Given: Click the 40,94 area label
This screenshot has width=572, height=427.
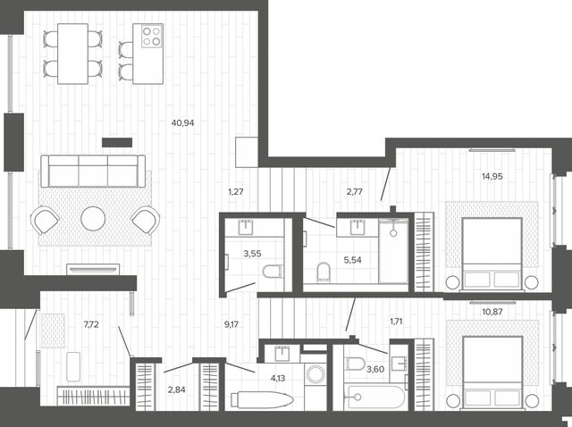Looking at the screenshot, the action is pyautogui.click(x=182, y=123).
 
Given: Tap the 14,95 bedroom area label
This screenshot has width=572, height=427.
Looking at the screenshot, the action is pyautogui.click(x=492, y=177).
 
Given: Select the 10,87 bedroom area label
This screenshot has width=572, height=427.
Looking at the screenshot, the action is pyautogui.click(x=492, y=312).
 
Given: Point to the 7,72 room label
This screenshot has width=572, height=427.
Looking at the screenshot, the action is pyautogui.click(x=91, y=324).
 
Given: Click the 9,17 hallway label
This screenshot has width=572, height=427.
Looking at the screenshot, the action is pyautogui.click(x=231, y=324).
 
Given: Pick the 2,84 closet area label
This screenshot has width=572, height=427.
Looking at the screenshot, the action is pyautogui.click(x=177, y=389).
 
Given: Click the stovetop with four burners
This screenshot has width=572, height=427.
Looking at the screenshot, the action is pyautogui.click(x=151, y=36).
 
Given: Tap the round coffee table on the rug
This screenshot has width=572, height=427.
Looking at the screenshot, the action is pyautogui.click(x=93, y=219).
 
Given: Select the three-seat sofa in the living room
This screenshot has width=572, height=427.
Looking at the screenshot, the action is pyautogui.click(x=93, y=171).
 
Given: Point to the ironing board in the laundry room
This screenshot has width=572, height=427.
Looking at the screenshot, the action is pyautogui.click(x=262, y=399).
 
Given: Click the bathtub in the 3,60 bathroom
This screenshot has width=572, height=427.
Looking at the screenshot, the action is pyautogui.click(x=374, y=398).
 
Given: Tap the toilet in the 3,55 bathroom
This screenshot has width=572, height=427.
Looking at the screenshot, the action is pyautogui.click(x=273, y=272).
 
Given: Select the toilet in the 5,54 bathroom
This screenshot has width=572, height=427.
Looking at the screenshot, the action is pyautogui.click(x=324, y=272).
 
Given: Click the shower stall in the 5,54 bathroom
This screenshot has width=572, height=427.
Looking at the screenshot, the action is pyautogui.click(x=393, y=251).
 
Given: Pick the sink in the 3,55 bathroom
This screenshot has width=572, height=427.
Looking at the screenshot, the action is pyautogui.click(x=246, y=228).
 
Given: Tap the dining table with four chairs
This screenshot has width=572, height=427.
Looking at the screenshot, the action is pyautogui.click(x=72, y=54).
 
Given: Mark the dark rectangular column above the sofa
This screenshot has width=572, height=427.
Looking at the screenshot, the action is pyautogui.click(x=117, y=143).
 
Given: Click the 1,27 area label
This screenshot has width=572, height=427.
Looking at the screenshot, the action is pyautogui.click(x=236, y=191).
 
